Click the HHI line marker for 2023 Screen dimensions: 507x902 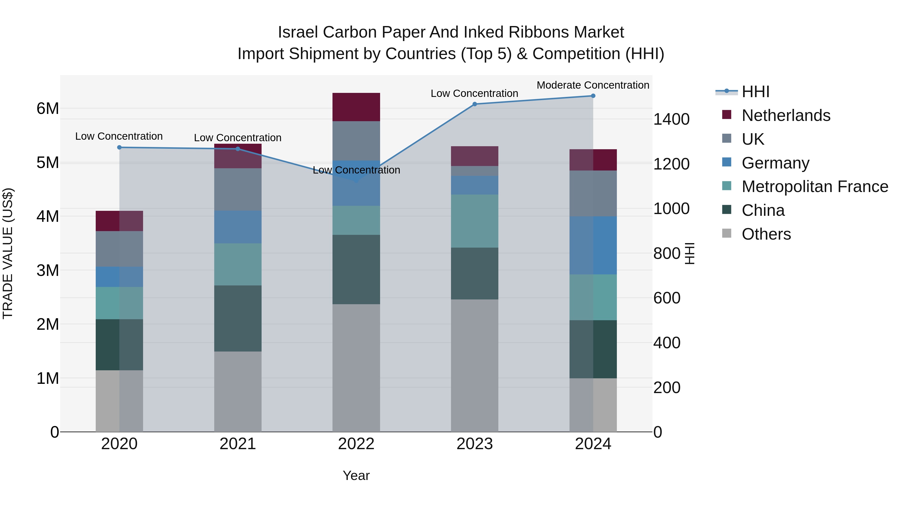(475, 104)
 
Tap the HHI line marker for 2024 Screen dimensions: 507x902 (593, 96)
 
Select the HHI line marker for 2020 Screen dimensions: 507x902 (120, 147)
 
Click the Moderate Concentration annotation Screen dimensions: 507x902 (593, 85)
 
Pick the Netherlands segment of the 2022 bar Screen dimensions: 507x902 (356, 107)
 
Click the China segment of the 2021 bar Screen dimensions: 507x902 (238, 318)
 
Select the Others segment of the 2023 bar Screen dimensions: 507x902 (475, 366)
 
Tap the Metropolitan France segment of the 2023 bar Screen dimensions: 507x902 (475, 221)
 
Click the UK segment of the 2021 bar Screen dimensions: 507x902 (238, 189)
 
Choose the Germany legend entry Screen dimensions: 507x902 (775, 163)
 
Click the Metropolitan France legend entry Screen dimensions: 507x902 (815, 187)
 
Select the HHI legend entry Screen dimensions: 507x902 (755, 92)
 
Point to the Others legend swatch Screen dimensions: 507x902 (727, 233)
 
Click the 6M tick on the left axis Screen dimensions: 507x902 (48, 108)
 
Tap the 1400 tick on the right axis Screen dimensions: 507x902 (671, 119)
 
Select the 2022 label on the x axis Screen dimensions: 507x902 (356, 444)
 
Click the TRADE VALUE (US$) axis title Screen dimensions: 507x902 (8, 253)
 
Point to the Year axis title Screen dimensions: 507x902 (356, 475)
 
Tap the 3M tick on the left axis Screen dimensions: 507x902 (48, 270)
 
